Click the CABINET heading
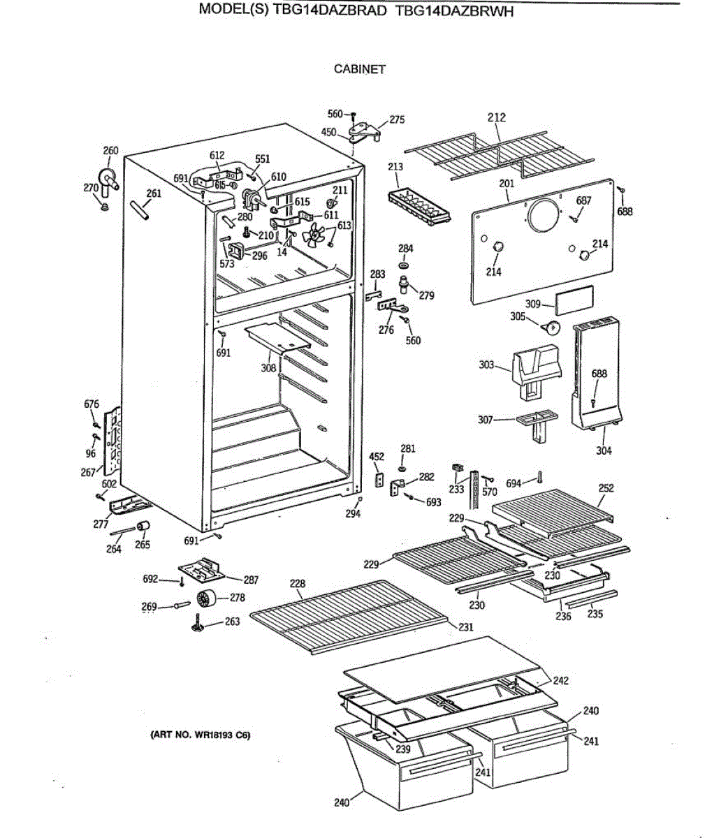tap(360, 69)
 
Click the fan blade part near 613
tap(314, 237)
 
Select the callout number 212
tap(496, 118)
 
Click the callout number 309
tap(533, 304)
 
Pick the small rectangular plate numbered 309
tap(575, 297)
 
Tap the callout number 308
tap(269, 368)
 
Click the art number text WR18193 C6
tap(200, 735)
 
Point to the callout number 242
tap(560, 680)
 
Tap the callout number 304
tap(604, 450)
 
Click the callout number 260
tap(110, 150)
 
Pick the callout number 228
tap(297, 584)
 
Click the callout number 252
tap(606, 487)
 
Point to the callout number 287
tap(251, 580)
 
